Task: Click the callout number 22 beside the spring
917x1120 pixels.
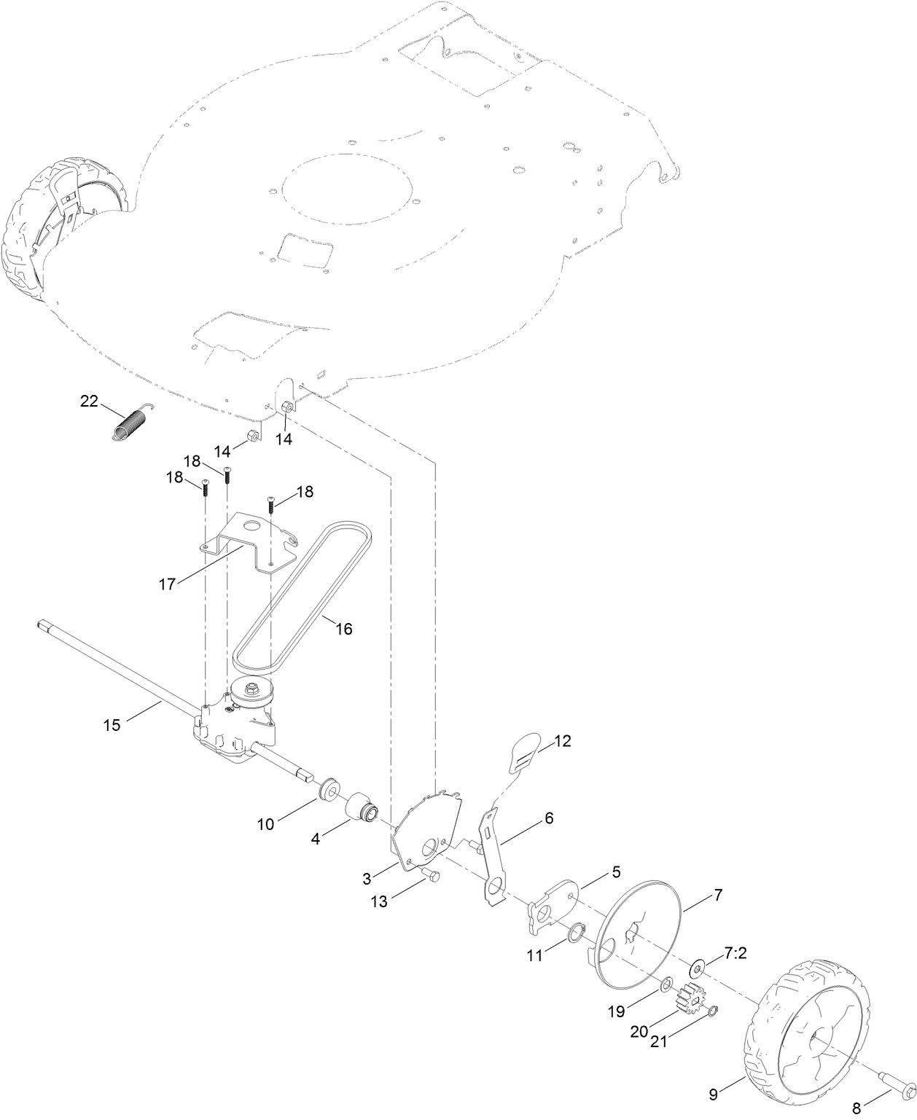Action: click(88, 401)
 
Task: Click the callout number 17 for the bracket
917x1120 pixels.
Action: click(168, 584)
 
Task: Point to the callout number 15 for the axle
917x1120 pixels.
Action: click(112, 725)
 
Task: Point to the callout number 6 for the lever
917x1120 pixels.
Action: click(548, 818)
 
